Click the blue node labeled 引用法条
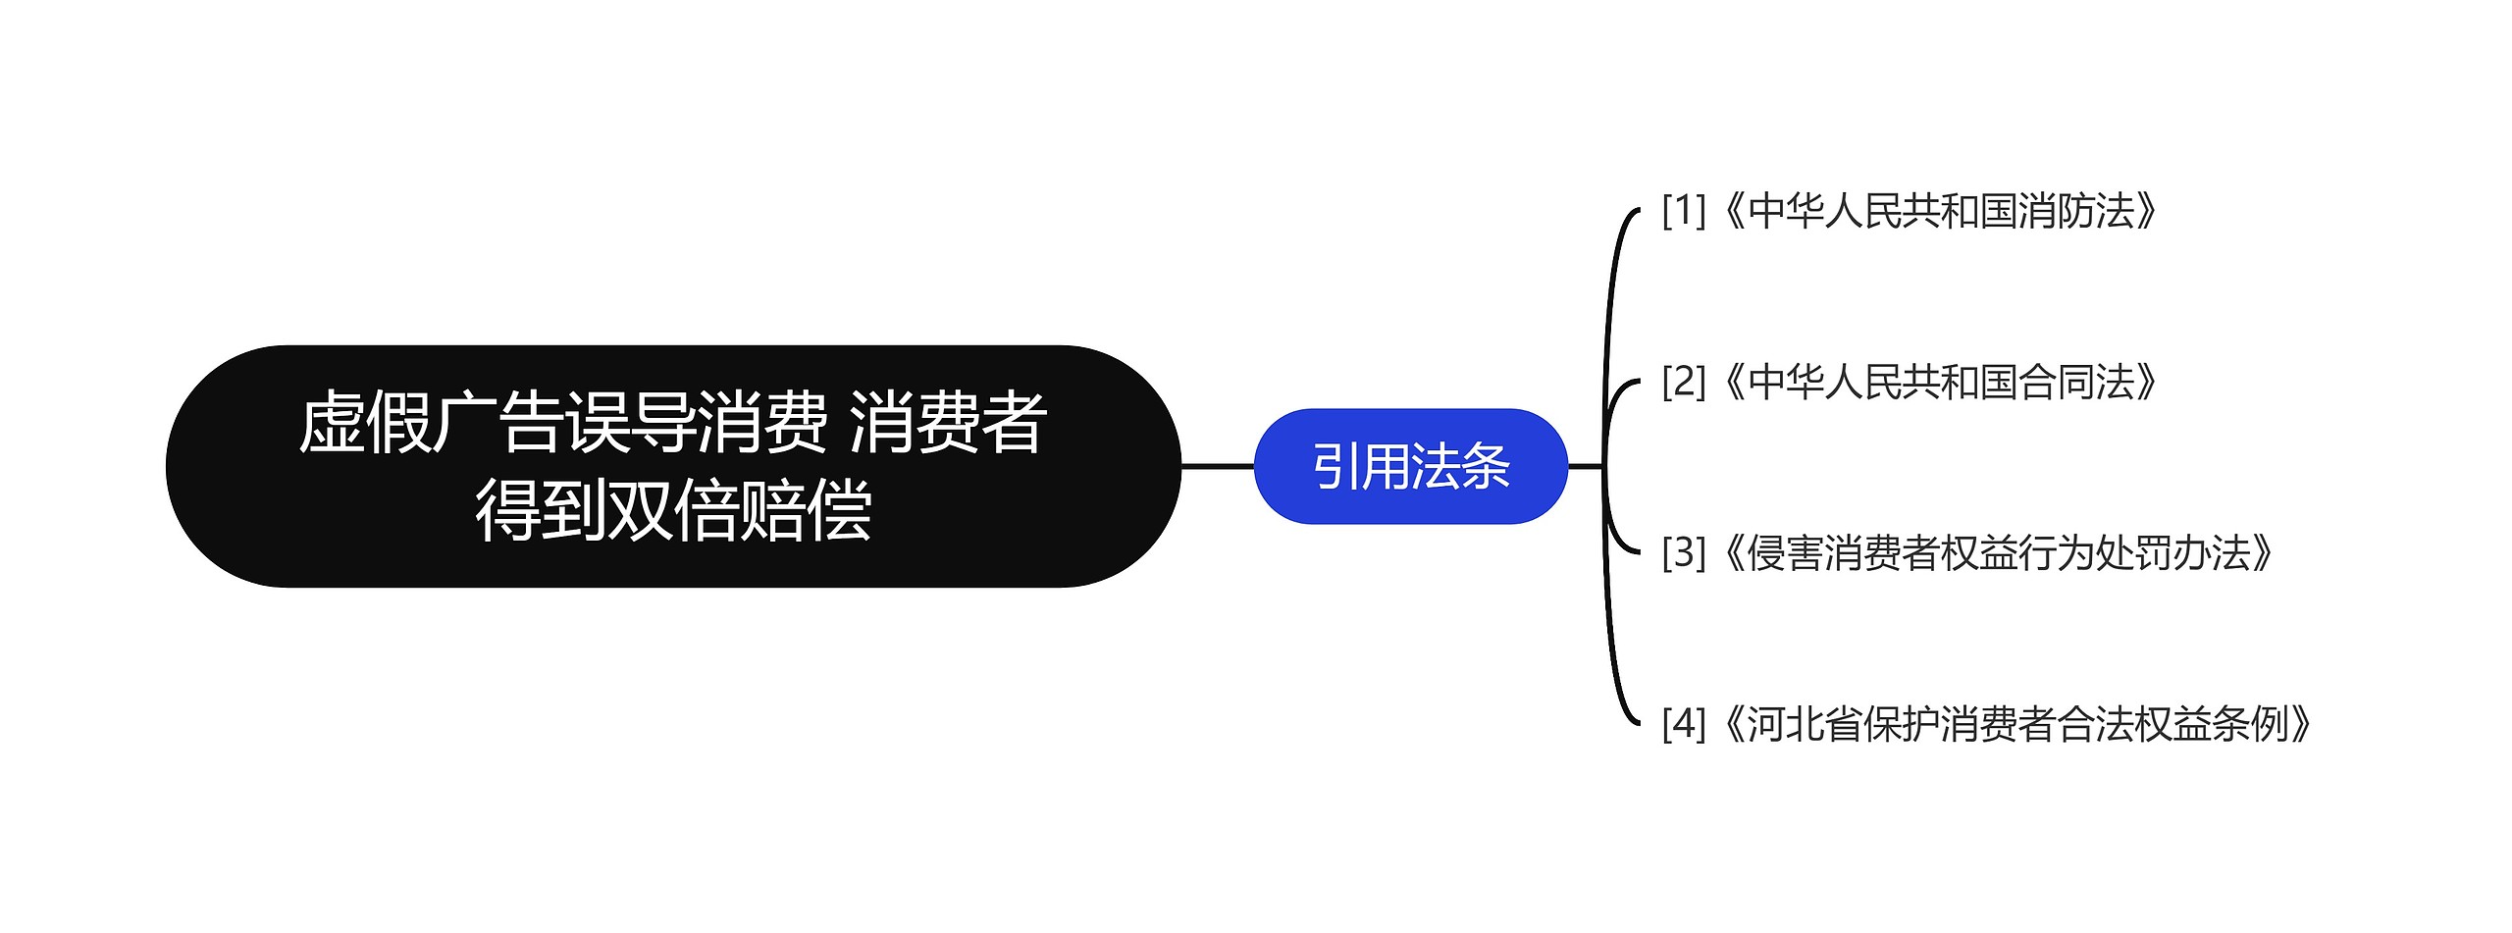click(x=1411, y=466)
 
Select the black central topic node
click(x=673, y=466)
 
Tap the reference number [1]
click(x=1684, y=211)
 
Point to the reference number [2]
click(x=1684, y=382)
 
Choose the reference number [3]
click(x=1684, y=552)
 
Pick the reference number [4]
click(x=1684, y=723)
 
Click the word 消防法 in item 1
click(x=2077, y=211)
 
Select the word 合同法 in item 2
click(x=2077, y=382)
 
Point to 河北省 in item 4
click(x=1805, y=723)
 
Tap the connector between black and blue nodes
click(x=1218, y=466)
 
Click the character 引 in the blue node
click(x=1337, y=466)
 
